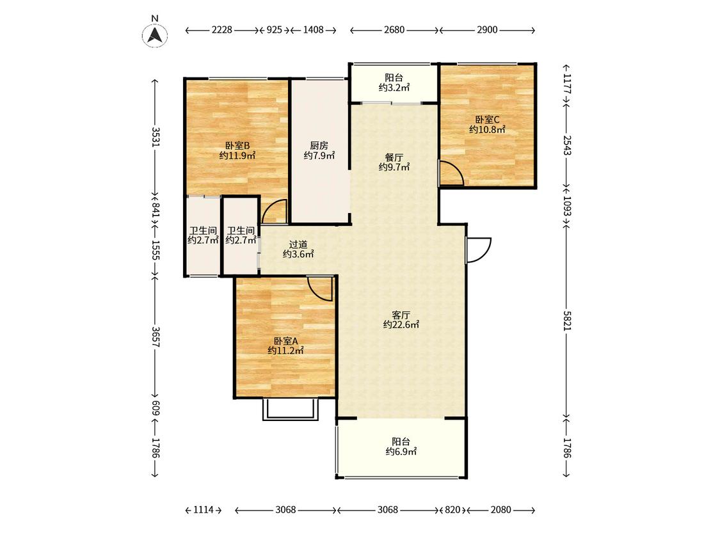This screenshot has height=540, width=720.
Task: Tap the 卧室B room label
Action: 237,146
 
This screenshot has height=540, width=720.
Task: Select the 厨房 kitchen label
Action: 319,146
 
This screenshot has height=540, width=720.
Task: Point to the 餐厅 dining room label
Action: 394,157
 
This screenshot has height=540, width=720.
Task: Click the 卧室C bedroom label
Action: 487,120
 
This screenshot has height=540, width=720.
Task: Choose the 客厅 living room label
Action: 401,315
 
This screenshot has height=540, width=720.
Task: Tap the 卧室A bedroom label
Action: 285,341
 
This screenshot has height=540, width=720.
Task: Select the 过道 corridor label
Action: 298,244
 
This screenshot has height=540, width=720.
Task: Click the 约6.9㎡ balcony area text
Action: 401,451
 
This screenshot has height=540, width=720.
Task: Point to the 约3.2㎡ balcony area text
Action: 394,87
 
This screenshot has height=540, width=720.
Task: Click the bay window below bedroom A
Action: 290,409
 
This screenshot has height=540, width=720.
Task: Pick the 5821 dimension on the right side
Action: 568,320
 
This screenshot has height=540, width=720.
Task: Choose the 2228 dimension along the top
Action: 222,30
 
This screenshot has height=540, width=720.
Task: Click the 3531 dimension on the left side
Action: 156,136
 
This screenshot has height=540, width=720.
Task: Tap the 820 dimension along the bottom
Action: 452,510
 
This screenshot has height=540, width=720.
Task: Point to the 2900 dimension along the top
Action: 487,30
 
